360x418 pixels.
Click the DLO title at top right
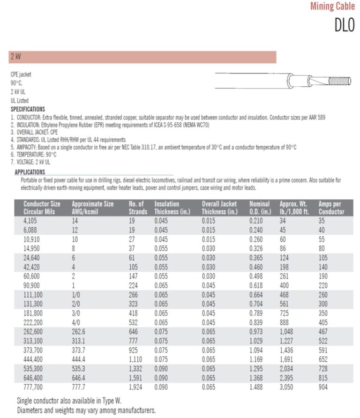345,24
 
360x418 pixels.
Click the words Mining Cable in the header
332,7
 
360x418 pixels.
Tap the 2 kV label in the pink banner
15,57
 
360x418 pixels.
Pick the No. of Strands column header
137,208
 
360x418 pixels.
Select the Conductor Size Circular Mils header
42,208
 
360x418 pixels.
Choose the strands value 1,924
136,387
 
